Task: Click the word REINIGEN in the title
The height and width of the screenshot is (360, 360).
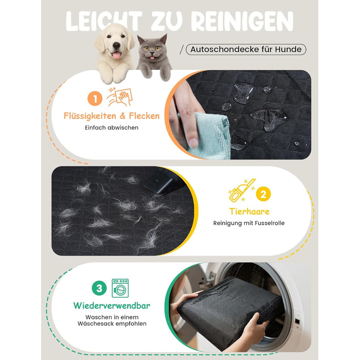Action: coord(242,21)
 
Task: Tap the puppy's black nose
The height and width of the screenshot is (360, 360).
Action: coord(116,45)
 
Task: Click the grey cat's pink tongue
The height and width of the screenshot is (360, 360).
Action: coord(152,58)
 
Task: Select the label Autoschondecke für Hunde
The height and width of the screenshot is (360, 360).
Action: coord(246,49)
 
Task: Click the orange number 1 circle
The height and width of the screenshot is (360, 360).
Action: coord(95,99)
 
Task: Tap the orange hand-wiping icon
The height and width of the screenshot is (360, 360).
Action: coord(120,97)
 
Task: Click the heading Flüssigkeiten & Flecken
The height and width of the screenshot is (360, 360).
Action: coord(112,116)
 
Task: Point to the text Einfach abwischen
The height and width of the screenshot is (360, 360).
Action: coord(112,128)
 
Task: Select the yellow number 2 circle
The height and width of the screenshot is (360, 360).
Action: coord(263,194)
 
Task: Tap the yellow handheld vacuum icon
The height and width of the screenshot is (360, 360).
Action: coord(242,190)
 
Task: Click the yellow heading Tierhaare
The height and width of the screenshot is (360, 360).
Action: coord(249,211)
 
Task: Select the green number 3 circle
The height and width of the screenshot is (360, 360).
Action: coord(99,288)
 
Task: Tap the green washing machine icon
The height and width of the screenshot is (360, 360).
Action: coord(120,288)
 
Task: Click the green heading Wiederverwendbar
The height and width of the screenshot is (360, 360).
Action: coord(112,306)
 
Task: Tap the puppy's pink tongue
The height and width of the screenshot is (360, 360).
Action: coord(117,55)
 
